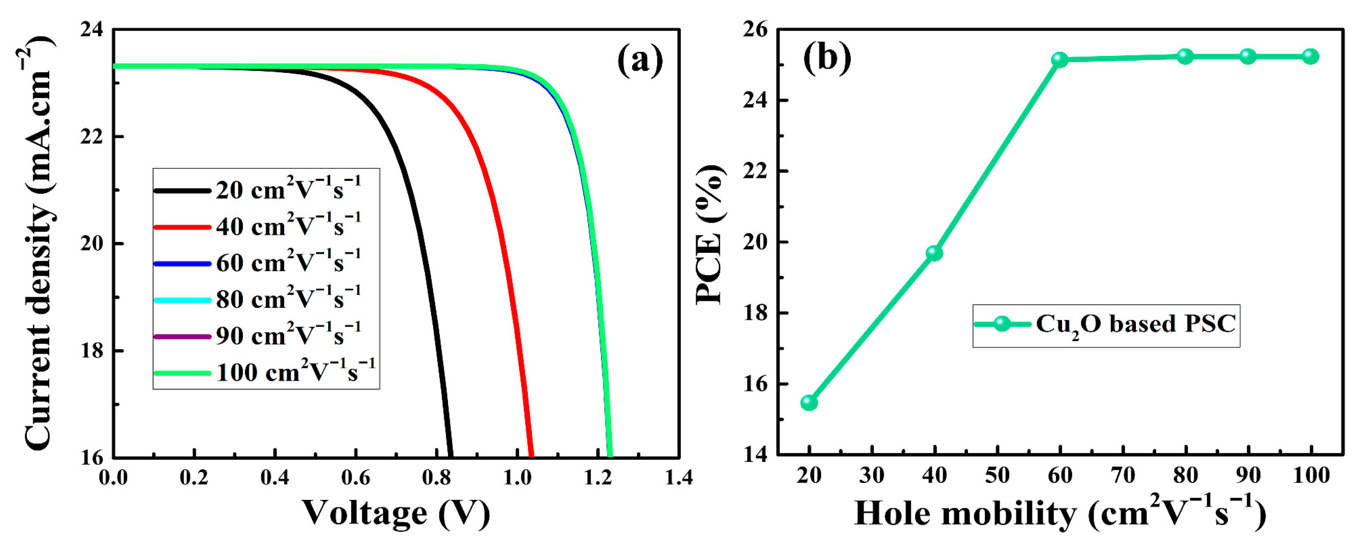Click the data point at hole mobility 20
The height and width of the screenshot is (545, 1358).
(x=809, y=403)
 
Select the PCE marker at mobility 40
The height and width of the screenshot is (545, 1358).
(x=934, y=253)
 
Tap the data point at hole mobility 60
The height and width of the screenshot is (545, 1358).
(x=1060, y=60)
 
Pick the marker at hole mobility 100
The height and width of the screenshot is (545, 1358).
(x=1310, y=56)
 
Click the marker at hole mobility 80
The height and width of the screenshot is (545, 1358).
(x=1185, y=56)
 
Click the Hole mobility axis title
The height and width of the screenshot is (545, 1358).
(x=1060, y=513)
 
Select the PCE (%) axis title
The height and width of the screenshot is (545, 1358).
(x=709, y=235)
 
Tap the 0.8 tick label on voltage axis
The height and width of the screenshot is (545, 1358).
(x=436, y=478)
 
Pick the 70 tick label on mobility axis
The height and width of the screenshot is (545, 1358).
(x=1123, y=476)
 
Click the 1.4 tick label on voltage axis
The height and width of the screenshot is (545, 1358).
(x=678, y=478)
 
